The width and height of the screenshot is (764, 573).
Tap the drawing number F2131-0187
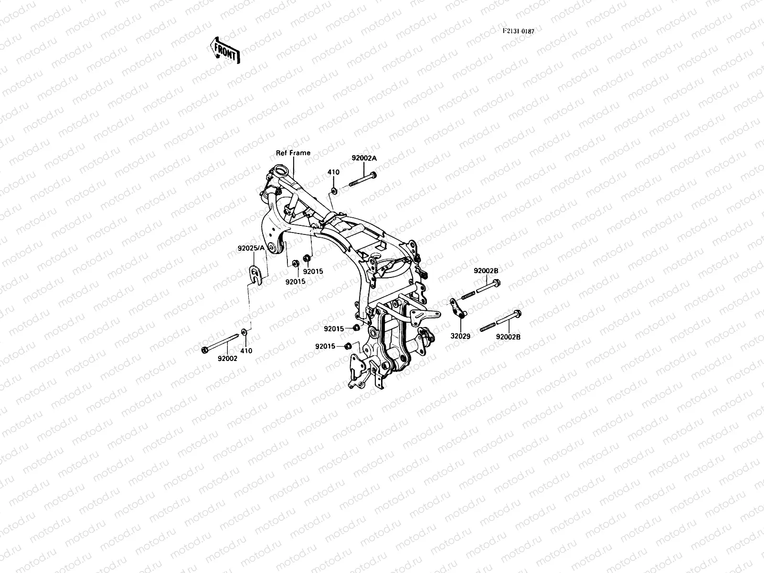(518, 31)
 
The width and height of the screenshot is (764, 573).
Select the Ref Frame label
(293, 153)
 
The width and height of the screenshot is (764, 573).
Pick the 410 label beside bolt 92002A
(333, 172)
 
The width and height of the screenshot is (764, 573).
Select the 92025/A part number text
(251, 248)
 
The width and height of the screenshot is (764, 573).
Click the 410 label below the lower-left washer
(246, 350)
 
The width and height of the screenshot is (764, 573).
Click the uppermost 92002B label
(486, 271)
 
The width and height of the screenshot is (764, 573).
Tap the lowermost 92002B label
(508, 337)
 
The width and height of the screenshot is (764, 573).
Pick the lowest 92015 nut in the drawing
(348, 346)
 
